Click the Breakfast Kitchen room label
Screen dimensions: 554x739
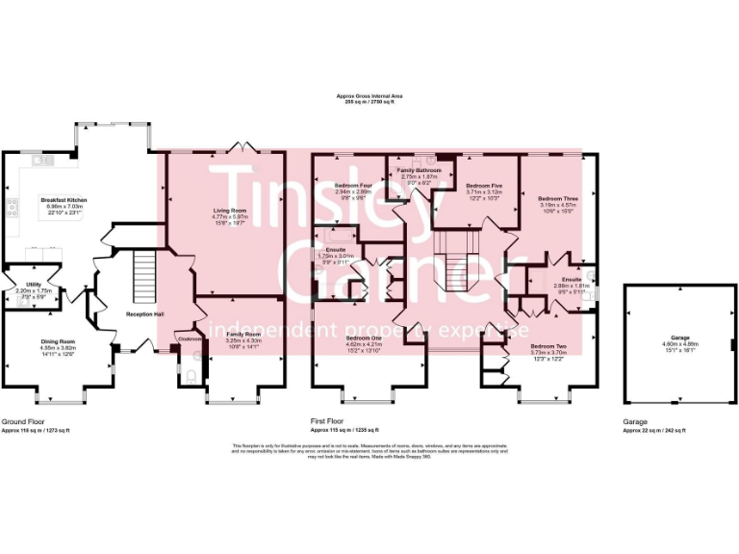(64, 200)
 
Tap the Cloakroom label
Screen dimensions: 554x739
(187, 339)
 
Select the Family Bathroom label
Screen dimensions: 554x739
(419, 169)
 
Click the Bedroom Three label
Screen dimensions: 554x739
(558, 197)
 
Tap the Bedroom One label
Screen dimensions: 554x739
(364, 339)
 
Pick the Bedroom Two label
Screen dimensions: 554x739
(548, 345)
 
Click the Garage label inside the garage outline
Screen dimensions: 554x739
(680, 338)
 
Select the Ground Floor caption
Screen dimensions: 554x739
(25, 421)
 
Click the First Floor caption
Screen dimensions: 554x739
(329, 421)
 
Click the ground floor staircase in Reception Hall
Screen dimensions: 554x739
(141, 265)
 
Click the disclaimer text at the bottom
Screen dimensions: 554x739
(369, 451)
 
